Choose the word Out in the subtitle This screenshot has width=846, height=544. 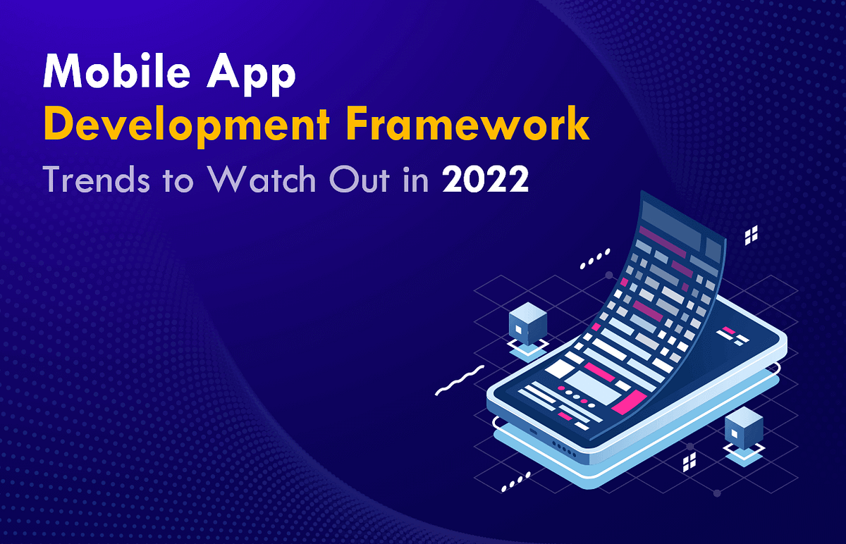point(361,180)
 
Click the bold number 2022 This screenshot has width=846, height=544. point(485,180)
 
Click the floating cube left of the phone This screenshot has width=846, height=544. point(527,323)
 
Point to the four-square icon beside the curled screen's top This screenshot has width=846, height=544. point(752,236)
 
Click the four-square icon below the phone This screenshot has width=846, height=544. point(689,462)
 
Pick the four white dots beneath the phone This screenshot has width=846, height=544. point(515,482)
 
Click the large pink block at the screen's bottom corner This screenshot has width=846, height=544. point(630,401)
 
